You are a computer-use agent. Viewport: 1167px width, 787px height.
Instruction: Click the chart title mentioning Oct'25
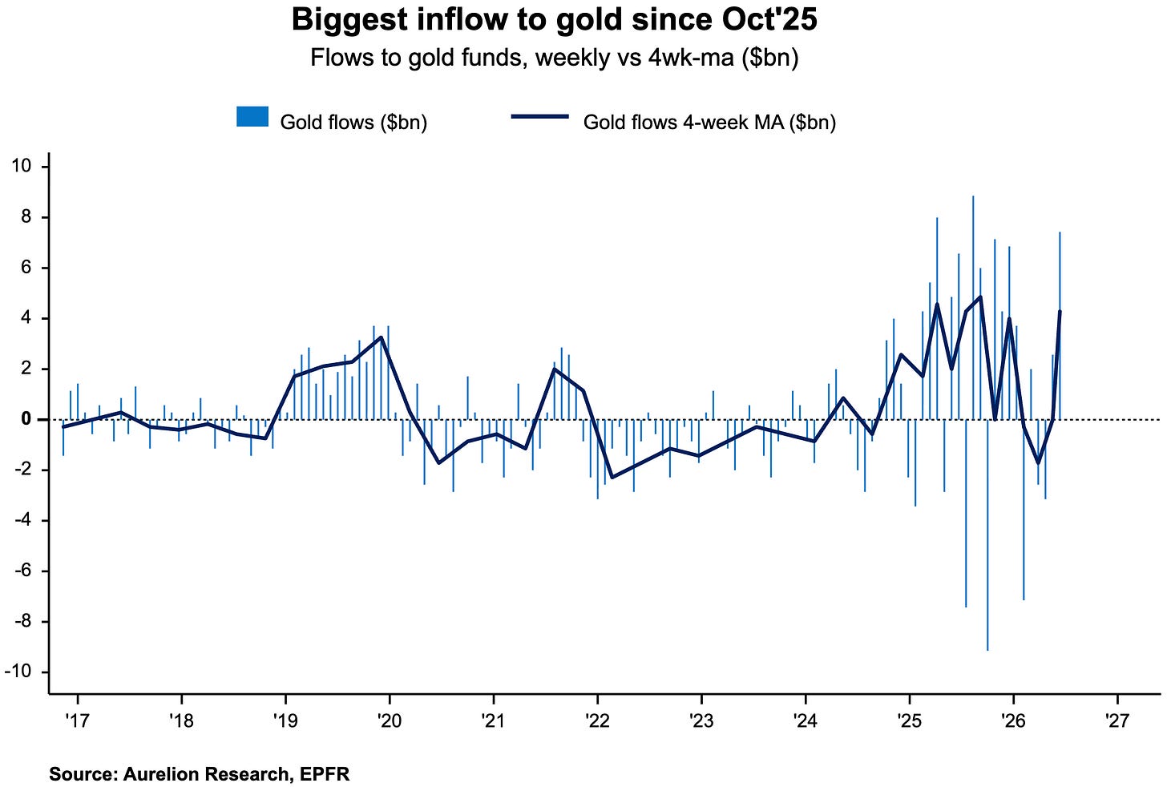pos(555,20)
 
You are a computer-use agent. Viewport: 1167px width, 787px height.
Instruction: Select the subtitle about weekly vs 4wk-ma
pos(555,57)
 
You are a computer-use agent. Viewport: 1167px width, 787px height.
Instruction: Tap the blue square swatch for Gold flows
pos(252,117)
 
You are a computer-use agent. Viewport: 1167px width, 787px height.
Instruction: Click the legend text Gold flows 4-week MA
pos(709,123)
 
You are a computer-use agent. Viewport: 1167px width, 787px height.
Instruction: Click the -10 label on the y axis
pos(18,672)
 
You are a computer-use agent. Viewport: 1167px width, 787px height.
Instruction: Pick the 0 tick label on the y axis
pos(26,419)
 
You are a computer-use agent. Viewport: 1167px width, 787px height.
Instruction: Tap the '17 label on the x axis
pos(77,720)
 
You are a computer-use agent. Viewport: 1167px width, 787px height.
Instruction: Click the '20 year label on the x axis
pos(390,720)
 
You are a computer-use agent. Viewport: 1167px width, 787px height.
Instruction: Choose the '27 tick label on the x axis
pos(1117,720)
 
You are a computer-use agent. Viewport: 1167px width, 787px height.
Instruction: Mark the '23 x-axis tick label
pos(701,720)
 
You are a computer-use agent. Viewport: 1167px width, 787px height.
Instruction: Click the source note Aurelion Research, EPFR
pos(200,774)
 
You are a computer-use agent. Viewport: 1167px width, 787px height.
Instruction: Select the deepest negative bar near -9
pos(987,535)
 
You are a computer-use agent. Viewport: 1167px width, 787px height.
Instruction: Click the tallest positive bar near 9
pos(973,307)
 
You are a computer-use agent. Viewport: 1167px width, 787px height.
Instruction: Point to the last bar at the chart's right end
pos(1060,325)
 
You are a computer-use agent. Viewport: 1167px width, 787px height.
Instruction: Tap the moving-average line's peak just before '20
pos(381,337)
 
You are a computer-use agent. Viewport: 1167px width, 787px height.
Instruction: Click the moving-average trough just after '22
pos(611,478)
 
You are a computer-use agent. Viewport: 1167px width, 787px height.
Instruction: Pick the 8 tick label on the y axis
pos(26,216)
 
